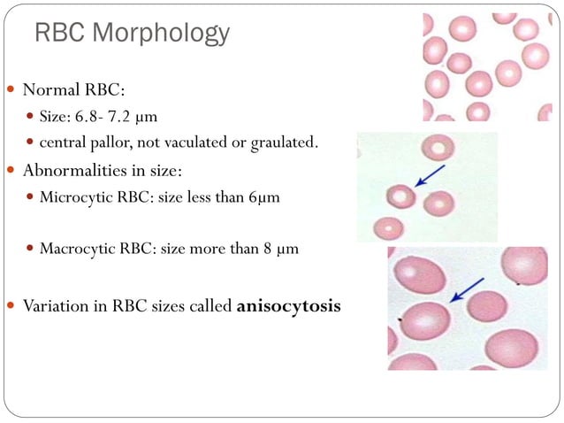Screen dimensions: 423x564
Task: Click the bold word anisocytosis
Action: [288, 307]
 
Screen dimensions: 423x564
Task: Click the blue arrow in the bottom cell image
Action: [467, 289]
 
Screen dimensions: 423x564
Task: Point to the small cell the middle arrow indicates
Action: [400, 195]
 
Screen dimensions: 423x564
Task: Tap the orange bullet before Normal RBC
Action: [11, 90]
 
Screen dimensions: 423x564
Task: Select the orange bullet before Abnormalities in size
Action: [11, 170]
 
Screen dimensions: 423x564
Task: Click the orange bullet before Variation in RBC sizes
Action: [11, 307]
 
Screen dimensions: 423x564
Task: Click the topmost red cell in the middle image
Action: [438, 147]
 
